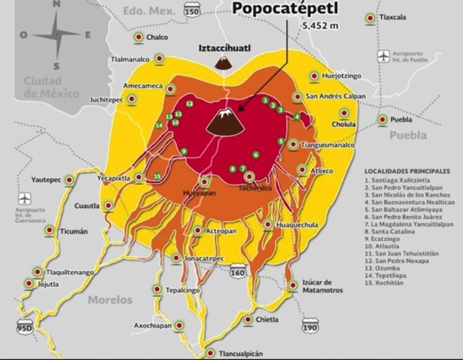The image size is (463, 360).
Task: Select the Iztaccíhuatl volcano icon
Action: click(222, 62)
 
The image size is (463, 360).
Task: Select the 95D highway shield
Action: click(25, 328)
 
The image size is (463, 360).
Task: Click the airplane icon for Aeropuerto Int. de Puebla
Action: click(384, 56)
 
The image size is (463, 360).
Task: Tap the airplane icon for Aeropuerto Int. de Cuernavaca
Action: click(24, 199)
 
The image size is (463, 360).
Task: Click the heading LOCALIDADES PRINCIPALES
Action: click(407, 171)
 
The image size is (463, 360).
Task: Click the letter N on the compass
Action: click(56, 4)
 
